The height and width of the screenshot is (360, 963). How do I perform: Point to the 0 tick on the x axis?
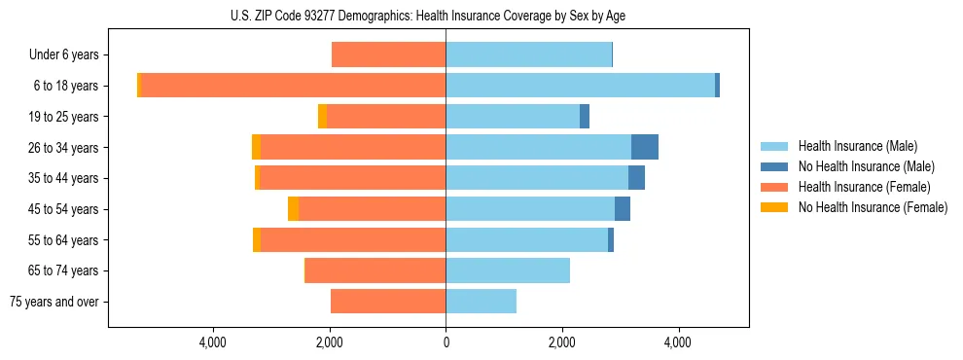[446, 342]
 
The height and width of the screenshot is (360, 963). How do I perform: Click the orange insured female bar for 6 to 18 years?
[293, 86]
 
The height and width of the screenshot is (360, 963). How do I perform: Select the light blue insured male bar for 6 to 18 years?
[580, 86]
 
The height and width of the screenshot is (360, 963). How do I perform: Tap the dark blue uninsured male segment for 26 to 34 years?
[645, 147]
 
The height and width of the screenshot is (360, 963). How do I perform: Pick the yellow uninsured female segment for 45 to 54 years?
[294, 209]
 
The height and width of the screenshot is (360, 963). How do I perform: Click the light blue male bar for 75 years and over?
[481, 302]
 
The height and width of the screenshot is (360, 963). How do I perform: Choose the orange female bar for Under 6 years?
[388, 55]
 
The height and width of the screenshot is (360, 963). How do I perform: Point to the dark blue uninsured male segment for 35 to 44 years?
[636, 178]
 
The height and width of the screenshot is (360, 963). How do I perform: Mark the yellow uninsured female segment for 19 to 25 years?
[322, 117]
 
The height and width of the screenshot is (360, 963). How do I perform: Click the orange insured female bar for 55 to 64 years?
[353, 240]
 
